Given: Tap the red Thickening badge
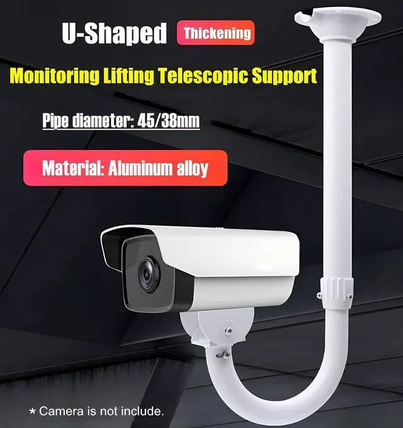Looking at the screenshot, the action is point(217,32).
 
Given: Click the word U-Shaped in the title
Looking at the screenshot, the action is point(115,33).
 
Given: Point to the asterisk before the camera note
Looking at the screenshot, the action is point(33,412).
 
